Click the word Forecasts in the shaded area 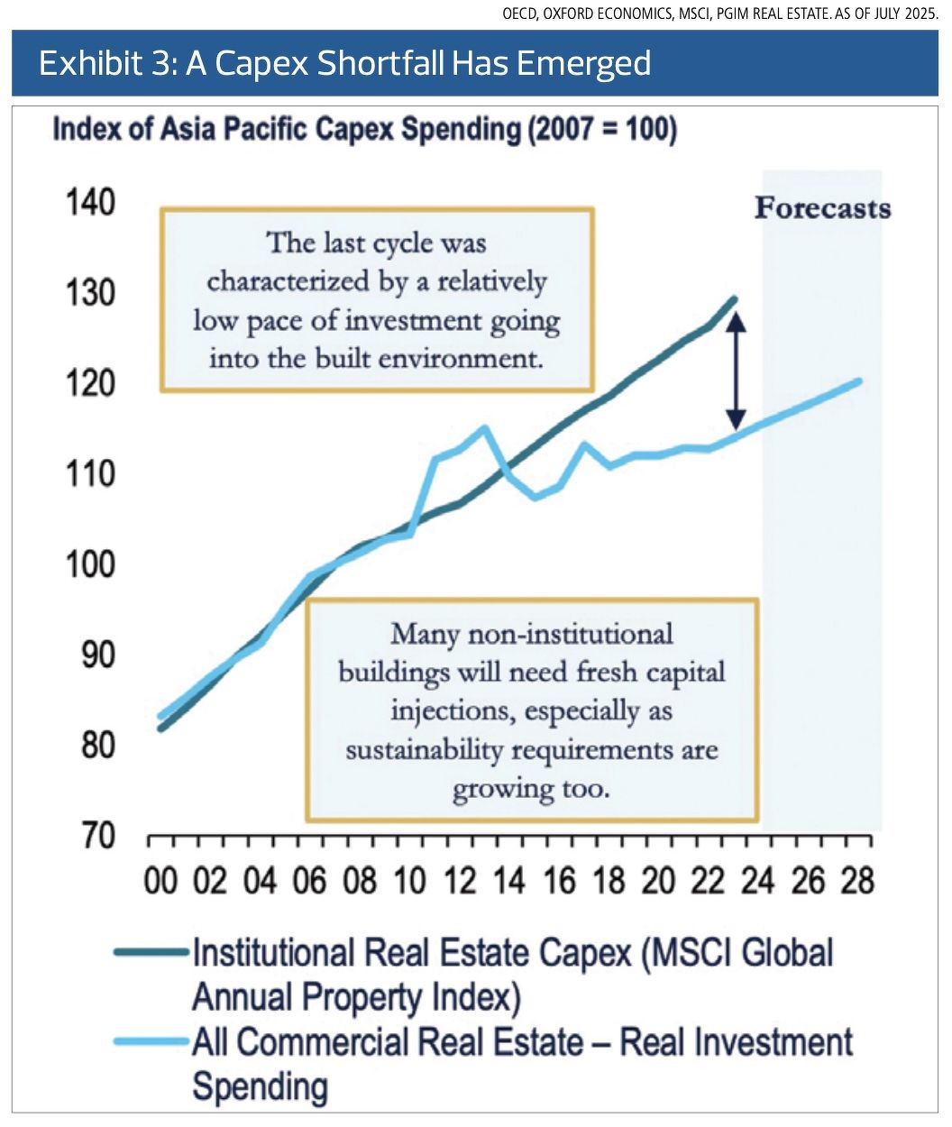click(822, 208)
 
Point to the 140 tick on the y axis click(90, 202)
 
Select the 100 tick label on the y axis click(90, 564)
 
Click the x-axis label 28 click(856, 880)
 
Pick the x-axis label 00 click(161, 880)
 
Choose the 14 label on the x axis click(508, 880)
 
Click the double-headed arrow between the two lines click(736, 370)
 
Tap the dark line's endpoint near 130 click(735, 299)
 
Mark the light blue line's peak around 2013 click(484, 428)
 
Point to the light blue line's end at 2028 click(858, 380)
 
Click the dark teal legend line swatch click(151, 952)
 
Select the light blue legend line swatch click(151, 1042)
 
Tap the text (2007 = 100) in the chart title click(600, 130)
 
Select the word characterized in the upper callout click(286, 282)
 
